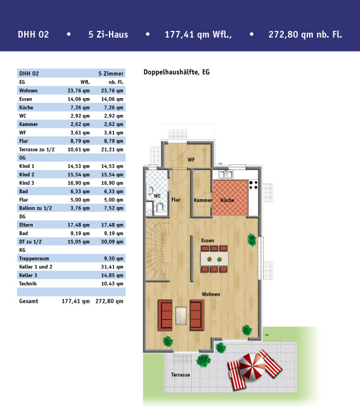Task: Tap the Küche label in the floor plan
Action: coord(227,200)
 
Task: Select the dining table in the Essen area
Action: coord(214,259)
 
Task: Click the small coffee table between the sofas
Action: coord(181,316)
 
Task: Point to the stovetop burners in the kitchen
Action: coord(254,185)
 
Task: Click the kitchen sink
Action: coord(226,174)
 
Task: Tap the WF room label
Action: coord(191,160)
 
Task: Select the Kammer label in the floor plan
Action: coord(203,200)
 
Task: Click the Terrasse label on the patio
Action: coord(180,375)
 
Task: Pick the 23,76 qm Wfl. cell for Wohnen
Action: coord(79,91)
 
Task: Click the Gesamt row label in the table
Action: coord(28,301)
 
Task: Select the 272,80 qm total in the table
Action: coord(109,301)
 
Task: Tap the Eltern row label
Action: coord(26,225)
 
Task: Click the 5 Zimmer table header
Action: coord(111,74)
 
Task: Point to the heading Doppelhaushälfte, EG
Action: coord(176,72)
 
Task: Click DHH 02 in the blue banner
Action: coord(33,35)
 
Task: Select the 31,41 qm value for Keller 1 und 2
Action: coord(112,267)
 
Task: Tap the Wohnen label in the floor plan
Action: coord(211,294)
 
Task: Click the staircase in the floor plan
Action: coord(157,249)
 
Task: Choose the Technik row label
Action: coord(28,283)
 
